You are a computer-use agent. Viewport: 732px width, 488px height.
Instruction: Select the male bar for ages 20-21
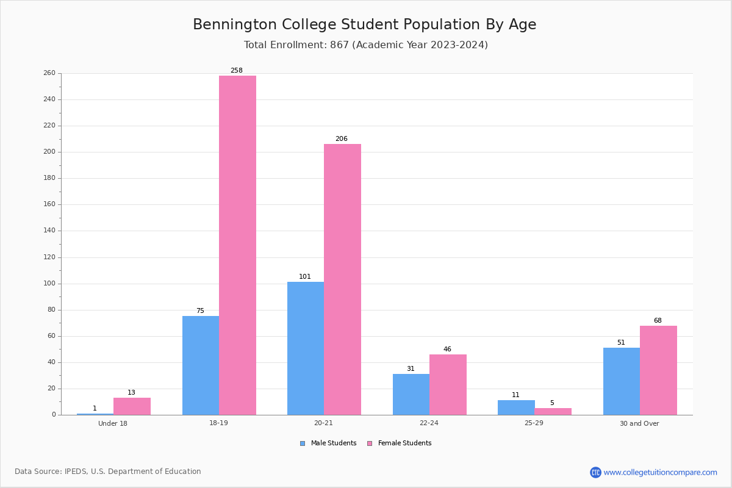(306, 348)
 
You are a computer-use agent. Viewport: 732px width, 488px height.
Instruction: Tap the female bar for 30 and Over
(658, 370)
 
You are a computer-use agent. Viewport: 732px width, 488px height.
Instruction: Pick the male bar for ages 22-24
(411, 394)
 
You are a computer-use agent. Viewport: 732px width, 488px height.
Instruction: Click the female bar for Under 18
(132, 406)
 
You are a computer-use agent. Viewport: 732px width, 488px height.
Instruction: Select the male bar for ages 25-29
(516, 407)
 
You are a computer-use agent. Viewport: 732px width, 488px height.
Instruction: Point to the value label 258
(237, 71)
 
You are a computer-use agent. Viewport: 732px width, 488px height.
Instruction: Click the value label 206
(342, 139)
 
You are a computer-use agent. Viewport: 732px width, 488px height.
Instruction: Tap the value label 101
(305, 277)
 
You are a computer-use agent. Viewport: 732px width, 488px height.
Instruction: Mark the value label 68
(658, 321)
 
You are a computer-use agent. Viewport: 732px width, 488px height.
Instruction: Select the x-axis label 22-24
(429, 423)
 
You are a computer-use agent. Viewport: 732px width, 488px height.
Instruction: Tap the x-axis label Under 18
(113, 423)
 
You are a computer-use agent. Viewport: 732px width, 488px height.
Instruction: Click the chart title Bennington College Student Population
(365, 24)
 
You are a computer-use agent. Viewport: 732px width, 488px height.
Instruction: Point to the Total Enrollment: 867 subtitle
(366, 45)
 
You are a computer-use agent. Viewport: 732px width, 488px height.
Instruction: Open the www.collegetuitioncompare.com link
(660, 472)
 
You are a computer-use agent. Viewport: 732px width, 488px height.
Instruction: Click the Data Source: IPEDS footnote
(108, 472)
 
